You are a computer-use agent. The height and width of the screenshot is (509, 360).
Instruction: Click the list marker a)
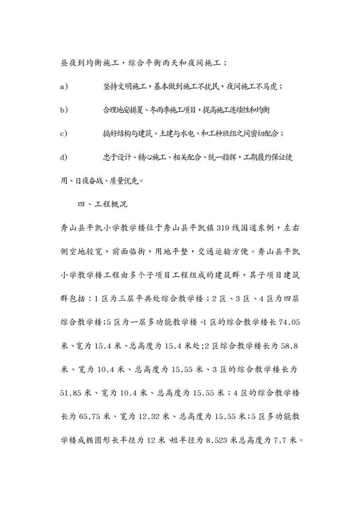64,87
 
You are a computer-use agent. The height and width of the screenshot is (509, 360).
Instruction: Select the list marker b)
64,110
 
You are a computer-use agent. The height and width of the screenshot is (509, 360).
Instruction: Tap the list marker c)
64,134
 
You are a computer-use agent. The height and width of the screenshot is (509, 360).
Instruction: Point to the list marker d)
64,157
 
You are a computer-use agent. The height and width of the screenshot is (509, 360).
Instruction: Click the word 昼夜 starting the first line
67,63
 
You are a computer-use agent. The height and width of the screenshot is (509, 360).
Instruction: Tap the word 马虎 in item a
271,87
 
